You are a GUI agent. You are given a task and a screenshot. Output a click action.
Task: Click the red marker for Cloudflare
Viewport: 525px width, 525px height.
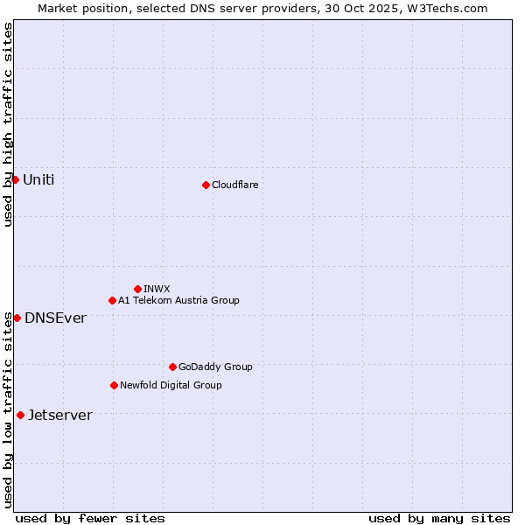(206, 185)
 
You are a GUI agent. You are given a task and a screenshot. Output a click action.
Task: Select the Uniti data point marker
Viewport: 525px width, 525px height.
(15, 179)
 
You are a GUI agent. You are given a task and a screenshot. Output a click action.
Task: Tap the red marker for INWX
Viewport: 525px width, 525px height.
(137, 289)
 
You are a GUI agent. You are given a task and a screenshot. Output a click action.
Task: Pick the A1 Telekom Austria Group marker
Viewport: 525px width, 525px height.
(112, 300)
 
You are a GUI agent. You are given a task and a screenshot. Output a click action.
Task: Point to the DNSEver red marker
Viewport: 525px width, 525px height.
(17, 318)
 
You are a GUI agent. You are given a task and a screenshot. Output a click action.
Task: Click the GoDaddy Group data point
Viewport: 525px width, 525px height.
(172, 367)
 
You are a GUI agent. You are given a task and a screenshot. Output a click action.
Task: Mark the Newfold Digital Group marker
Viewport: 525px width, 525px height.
(114, 385)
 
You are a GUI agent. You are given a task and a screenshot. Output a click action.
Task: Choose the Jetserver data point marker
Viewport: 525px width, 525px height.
(20, 415)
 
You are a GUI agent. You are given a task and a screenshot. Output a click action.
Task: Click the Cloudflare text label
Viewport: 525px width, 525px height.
(235, 185)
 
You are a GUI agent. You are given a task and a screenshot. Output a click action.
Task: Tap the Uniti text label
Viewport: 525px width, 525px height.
(38, 179)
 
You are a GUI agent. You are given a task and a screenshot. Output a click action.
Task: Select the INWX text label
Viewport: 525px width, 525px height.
(157, 289)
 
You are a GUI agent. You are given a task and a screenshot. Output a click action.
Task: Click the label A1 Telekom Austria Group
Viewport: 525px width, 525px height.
(178, 300)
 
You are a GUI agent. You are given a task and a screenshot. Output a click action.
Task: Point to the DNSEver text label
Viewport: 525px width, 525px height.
(55, 318)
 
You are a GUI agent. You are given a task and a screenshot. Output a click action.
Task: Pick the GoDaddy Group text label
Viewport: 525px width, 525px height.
(215, 367)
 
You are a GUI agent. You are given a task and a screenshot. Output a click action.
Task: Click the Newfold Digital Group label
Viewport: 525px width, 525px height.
(171, 385)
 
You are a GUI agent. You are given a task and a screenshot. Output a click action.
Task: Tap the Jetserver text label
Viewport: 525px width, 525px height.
(59, 415)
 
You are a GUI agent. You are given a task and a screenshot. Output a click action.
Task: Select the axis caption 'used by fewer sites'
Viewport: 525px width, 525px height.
(90, 518)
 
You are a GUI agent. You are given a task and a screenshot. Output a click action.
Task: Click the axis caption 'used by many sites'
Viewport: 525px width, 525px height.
(439, 518)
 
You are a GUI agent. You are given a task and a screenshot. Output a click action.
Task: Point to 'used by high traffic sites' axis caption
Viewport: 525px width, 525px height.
(8, 124)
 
